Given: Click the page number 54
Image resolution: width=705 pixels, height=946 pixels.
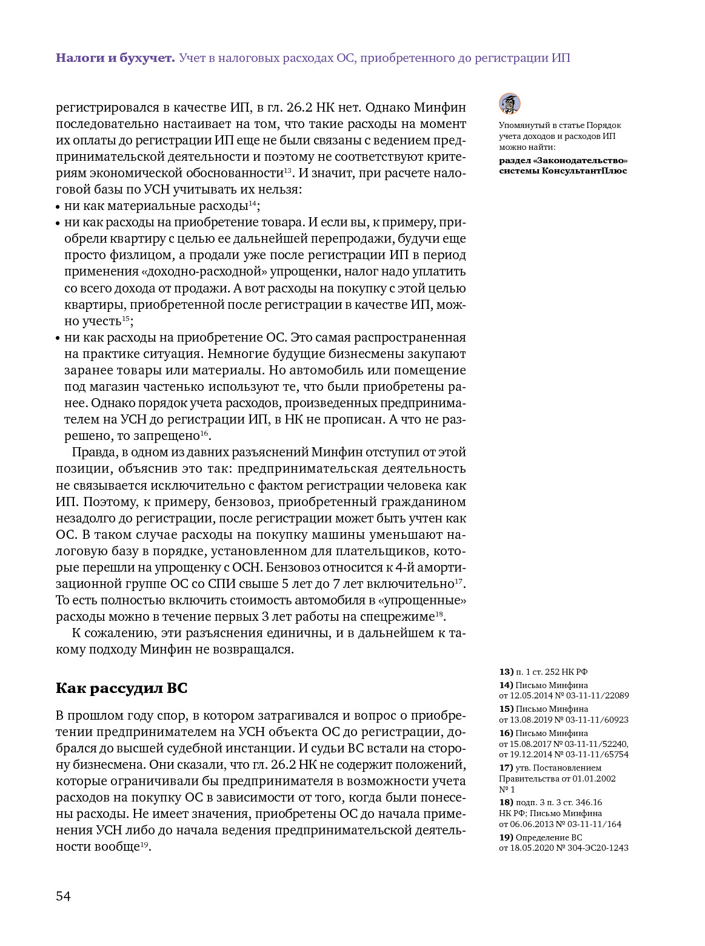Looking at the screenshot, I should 64,896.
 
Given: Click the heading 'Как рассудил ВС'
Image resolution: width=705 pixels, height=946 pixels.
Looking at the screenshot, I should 122,688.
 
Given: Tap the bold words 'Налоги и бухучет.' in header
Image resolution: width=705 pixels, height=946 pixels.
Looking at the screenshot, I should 116,58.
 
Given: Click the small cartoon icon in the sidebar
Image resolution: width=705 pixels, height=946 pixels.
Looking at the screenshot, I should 510,104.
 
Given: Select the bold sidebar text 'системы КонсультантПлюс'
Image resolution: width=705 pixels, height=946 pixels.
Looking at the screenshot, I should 563,171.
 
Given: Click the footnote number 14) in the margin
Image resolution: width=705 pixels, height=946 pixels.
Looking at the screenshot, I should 506,685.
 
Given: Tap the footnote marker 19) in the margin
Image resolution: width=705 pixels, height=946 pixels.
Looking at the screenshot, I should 506,837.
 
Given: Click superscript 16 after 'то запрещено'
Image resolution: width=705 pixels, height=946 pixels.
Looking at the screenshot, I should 204,434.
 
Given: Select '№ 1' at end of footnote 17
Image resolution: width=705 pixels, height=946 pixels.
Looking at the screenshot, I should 507,789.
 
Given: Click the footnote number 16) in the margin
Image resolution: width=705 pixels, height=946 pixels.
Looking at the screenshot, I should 506,733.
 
